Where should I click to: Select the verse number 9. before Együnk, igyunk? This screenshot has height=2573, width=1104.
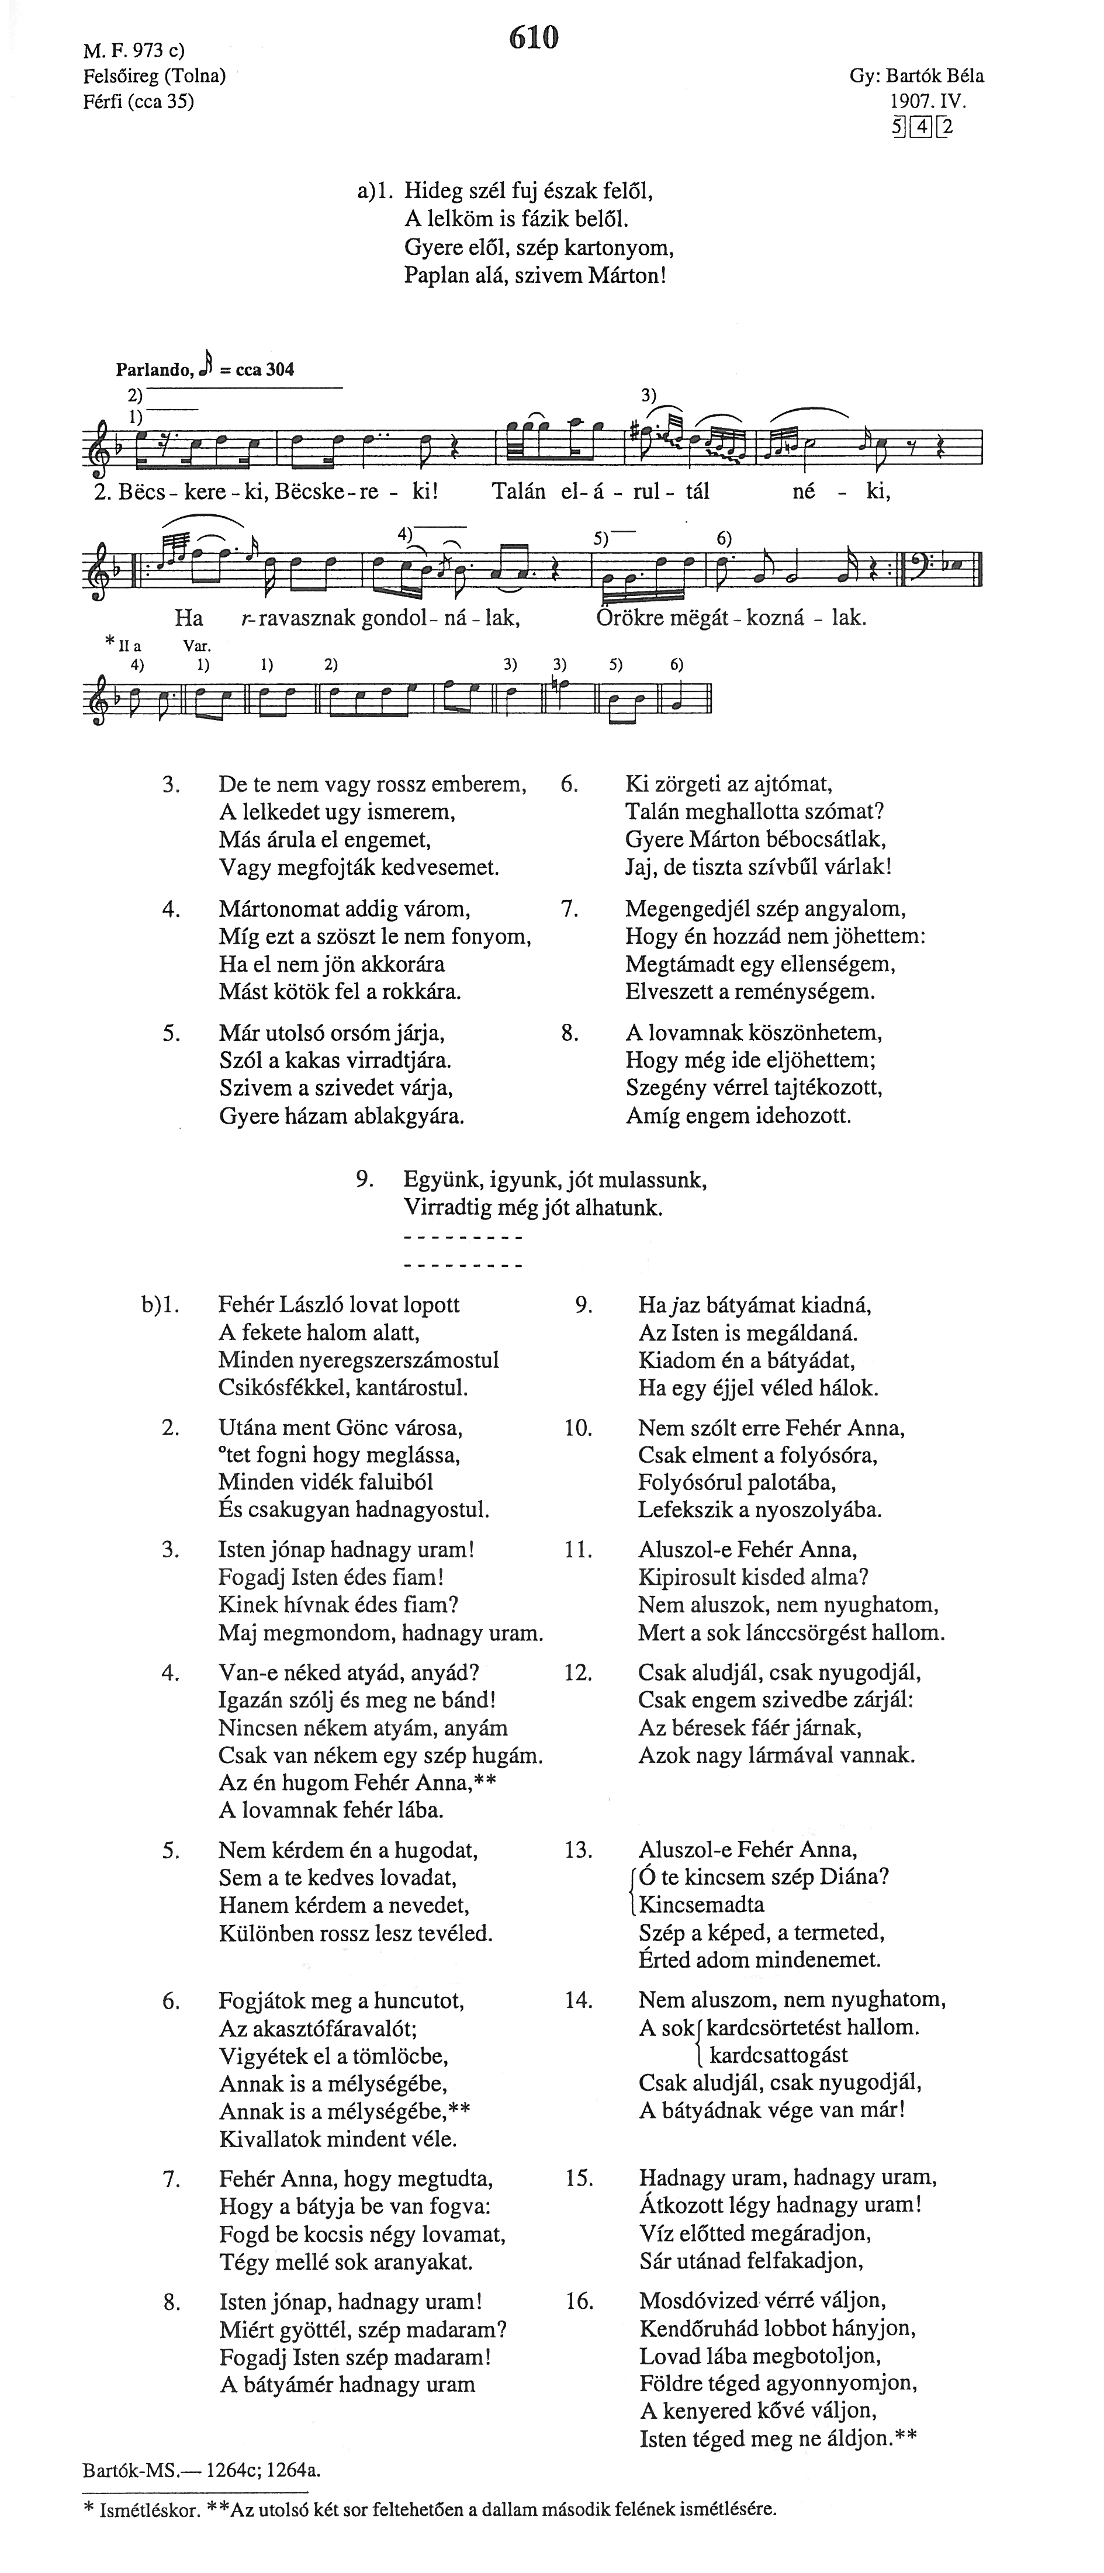[x=366, y=1180]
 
